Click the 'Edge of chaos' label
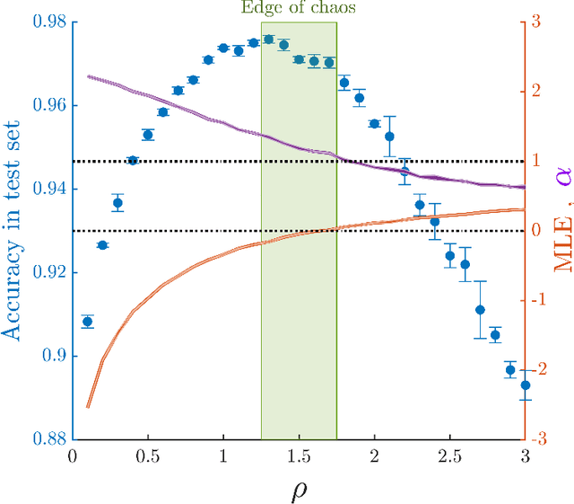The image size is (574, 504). tap(299, 8)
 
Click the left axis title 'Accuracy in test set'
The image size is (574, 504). tap(12, 231)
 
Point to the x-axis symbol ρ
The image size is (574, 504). tap(299, 489)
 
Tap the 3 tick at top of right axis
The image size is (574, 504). tap(535, 22)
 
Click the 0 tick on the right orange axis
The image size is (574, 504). tap(535, 231)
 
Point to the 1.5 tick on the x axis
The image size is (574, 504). tap(299, 456)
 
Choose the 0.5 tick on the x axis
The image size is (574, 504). tap(148, 456)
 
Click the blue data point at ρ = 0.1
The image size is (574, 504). tap(88, 322)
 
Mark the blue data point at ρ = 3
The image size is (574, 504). tap(526, 385)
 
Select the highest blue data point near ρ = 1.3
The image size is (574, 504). tap(268, 40)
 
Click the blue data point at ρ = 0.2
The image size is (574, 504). tap(102, 245)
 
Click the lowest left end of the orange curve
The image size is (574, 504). tap(87, 407)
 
